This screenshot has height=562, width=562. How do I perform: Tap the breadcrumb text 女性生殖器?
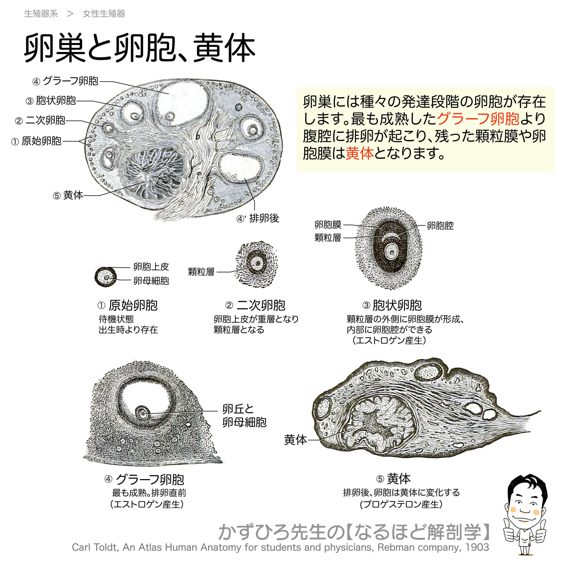104,14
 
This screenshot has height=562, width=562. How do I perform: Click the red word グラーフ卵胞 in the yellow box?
478,118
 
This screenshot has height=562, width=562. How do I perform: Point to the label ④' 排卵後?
258,218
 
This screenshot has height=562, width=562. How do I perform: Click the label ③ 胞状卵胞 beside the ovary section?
51,101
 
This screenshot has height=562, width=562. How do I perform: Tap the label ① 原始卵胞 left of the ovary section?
36,141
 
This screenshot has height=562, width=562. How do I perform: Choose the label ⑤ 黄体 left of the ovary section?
68,195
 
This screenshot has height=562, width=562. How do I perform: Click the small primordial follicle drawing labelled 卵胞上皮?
106,277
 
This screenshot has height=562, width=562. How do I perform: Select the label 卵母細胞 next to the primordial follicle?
151,281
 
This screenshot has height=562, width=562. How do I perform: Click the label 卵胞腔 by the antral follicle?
440,225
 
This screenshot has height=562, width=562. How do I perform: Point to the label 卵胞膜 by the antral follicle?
328,225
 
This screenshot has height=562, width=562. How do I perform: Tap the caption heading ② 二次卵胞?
255,305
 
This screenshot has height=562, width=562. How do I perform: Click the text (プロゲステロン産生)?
401,504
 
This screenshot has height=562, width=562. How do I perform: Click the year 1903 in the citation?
477,547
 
